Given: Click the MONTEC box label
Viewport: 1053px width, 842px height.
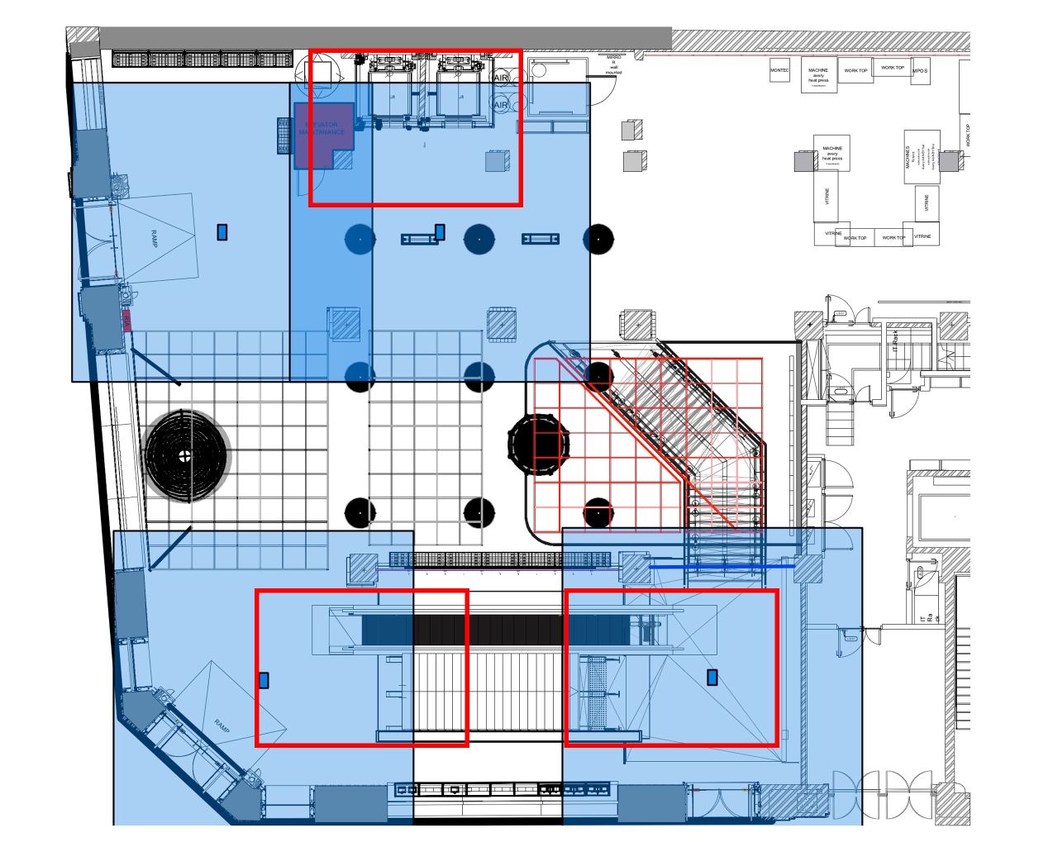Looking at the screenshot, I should point(779,71).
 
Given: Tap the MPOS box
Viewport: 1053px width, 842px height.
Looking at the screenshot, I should point(920,71).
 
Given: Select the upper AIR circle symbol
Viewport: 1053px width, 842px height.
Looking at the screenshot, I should point(501,78).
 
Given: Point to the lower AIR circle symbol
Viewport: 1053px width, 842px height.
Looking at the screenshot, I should point(501,106).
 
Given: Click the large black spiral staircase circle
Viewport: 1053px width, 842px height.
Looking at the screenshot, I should point(186,454).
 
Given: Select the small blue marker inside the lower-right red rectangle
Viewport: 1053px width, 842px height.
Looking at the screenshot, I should point(712,677).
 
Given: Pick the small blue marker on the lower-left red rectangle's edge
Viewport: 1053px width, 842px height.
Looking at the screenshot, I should point(264,679).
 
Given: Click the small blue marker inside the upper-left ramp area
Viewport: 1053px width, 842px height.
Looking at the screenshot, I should point(222,232).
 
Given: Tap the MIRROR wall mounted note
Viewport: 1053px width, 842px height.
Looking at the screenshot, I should point(613,64).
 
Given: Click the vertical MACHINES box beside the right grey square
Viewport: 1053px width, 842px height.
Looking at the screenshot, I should point(922,156).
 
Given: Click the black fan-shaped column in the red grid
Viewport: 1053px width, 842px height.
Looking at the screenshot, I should point(540,445).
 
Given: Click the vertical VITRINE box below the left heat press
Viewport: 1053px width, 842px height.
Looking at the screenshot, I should point(826,199).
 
